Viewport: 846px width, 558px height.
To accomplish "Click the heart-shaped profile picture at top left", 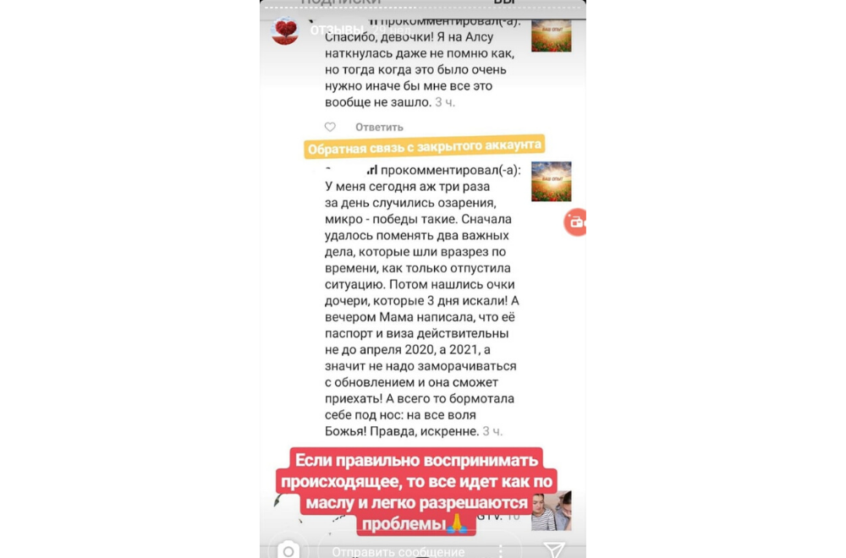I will [284, 30].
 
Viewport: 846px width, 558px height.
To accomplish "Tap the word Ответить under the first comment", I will [379, 127].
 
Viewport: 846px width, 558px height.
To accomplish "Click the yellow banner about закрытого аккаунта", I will [425, 147].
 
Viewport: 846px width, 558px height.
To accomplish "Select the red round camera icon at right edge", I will [576, 222].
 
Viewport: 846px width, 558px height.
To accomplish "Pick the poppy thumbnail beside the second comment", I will [551, 181].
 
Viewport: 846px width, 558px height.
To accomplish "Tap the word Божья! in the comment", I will [349, 431].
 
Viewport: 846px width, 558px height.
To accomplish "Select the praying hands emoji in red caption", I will [457, 524].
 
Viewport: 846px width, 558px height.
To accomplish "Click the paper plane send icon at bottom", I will [554, 550].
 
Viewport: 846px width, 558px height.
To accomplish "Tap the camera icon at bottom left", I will [288, 550].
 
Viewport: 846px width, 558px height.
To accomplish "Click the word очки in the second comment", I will [497, 284].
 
